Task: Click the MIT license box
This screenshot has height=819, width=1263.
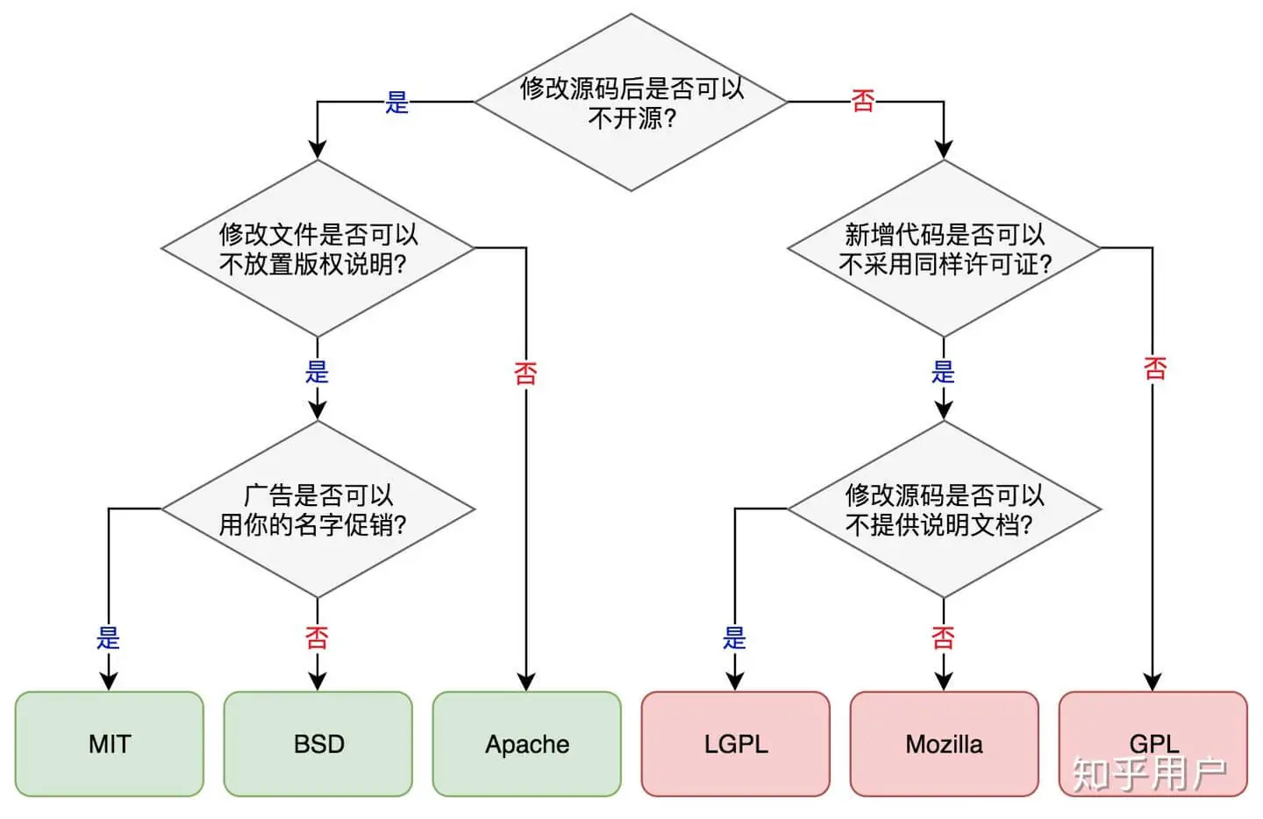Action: pyautogui.click(x=109, y=744)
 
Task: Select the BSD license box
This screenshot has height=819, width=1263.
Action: pyautogui.click(x=318, y=744)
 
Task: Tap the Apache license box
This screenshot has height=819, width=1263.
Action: pyautogui.click(x=527, y=744)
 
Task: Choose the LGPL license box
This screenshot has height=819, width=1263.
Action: pyautogui.click(x=736, y=744)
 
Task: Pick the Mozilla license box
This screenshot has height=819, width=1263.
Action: pyautogui.click(x=944, y=744)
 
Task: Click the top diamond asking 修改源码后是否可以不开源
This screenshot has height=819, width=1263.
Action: pyautogui.click(x=631, y=103)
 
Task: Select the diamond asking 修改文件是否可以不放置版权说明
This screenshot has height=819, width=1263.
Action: pyautogui.click(x=318, y=248)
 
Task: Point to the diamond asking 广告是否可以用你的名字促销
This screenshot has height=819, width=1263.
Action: pyautogui.click(x=318, y=509)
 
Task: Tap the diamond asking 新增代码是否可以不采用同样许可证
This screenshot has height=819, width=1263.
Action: pyautogui.click(x=944, y=248)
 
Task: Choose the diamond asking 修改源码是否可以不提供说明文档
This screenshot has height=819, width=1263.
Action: pyautogui.click(x=944, y=509)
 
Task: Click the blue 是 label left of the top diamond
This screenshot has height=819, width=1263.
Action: pyautogui.click(x=397, y=103)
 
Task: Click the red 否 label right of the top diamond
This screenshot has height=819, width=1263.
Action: pyautogui.click(x=863, y=102)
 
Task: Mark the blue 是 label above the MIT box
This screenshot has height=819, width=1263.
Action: pyautogui.click(x=108, y=637)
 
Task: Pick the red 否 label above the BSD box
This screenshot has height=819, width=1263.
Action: pyautogui.click(x=317, y=637)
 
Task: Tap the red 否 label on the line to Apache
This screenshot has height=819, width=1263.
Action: pyautogui.click(x=525, y=374)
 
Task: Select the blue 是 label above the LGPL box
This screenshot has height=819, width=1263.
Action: pyautogui.click(x=734, y=637)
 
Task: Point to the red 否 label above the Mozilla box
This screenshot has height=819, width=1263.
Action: pyautogui.click(x=943, y=637)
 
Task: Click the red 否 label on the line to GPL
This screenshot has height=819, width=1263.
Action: pyautogui.click(x=1155, y=368)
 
